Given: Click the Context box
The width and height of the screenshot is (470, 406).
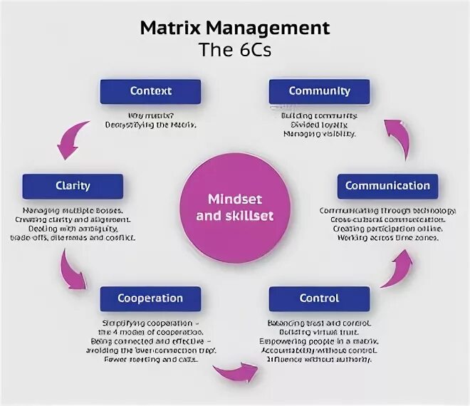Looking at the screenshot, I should point(150,91).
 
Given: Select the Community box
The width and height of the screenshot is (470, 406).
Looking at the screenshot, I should point(319,91).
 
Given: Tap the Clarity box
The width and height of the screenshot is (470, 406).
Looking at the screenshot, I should point(73,186).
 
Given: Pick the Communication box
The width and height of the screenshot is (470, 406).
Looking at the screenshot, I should point(387,186).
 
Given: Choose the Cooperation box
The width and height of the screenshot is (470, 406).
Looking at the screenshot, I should point(150,298).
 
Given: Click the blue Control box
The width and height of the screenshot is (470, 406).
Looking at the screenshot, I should point(319,298).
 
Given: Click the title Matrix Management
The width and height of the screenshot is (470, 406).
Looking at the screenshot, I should point(234,28).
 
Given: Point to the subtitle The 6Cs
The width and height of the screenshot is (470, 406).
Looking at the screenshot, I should point(234,51).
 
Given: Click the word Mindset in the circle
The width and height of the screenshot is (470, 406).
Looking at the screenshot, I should point(235,198).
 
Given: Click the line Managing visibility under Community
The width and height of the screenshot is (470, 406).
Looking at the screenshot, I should point(318,133).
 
